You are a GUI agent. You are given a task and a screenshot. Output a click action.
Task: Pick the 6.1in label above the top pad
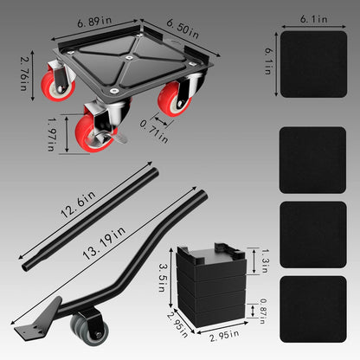313,17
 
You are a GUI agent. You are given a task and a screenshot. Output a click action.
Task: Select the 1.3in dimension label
259,260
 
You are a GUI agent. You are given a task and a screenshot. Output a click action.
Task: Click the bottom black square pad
313,308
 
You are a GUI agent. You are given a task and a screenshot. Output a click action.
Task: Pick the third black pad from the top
313,233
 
